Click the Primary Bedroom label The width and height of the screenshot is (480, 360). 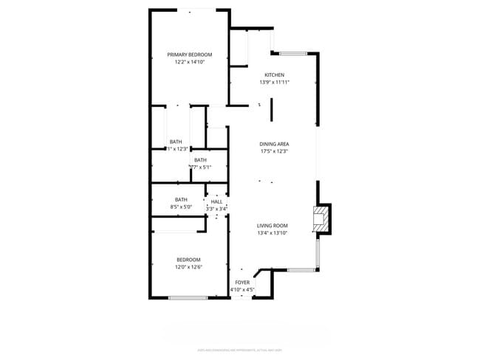point(189,55)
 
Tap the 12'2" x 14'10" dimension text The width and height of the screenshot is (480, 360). point(189,62)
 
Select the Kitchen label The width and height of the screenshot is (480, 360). point(274,75)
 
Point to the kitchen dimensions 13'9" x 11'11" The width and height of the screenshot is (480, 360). point(274,83)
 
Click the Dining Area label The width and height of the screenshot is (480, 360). point(273,144)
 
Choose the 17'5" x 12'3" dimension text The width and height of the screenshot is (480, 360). point(273,151)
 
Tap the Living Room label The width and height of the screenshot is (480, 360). point(272,225)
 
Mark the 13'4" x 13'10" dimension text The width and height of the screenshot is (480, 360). point(272,232)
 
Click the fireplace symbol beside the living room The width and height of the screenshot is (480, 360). point(321,218)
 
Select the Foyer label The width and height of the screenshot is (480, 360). point(242,283)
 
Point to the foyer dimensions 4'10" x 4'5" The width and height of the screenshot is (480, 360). point(242,290)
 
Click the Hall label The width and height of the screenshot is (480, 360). point(216,201)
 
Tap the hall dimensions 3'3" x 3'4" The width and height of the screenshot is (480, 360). point(216,209)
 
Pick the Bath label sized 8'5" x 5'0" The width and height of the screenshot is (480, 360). point(181,199)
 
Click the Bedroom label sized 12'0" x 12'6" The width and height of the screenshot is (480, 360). point(188,259)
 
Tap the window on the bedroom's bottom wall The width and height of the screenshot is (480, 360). point(188,297)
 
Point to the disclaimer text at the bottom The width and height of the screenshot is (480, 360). point(240,350)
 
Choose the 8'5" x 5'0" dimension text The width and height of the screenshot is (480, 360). point(181,207)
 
